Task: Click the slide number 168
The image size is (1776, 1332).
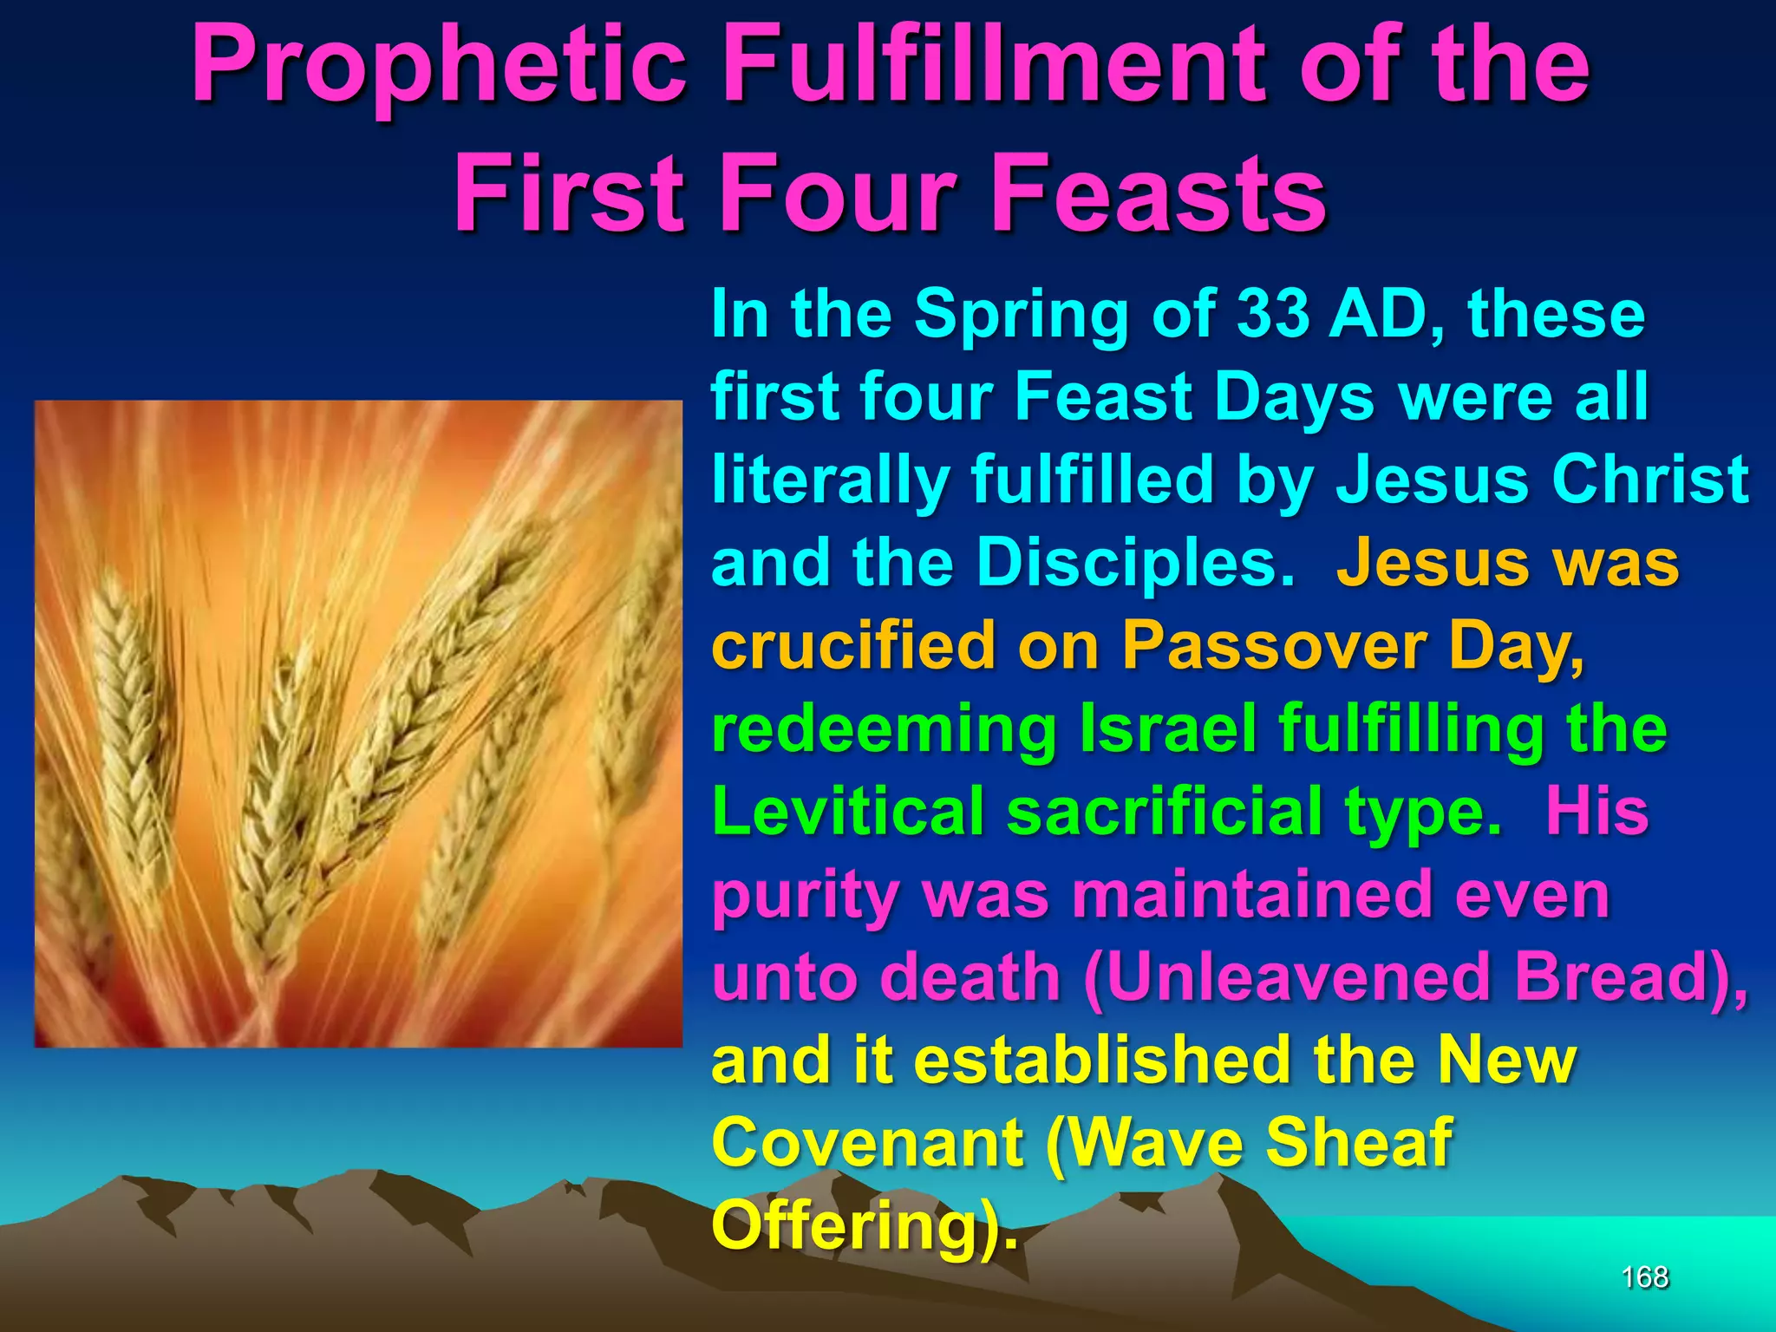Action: coord(1644,1277)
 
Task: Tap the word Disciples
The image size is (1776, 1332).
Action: coord(1136,562)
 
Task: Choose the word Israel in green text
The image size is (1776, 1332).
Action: coord(1168,728)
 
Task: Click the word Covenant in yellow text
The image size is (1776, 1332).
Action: coord(867,1142)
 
